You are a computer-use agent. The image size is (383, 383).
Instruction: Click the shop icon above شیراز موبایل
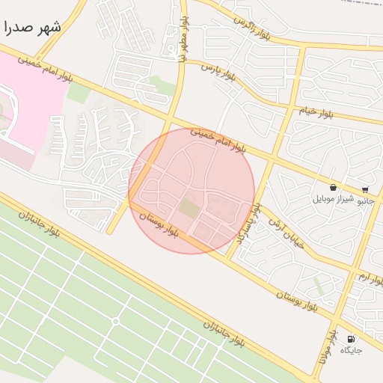pos(332,188)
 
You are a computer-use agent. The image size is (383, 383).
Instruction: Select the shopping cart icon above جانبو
pos(365,189)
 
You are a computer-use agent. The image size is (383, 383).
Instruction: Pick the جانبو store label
pos(366,200)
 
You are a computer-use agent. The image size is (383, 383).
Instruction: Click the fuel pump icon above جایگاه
pos(352,339)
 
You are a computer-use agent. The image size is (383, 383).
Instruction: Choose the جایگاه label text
pos(352,350)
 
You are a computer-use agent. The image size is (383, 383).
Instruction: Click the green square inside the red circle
pos(189,209)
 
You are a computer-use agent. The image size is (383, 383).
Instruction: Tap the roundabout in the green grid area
pos(115,321)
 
